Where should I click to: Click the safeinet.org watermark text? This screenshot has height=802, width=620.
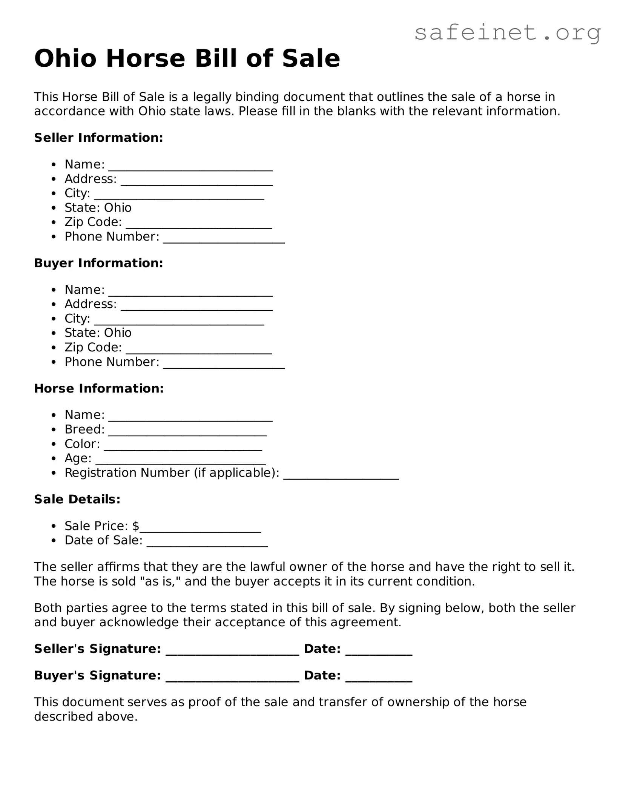pos(507,33)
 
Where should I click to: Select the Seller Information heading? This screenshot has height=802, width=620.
pos(98,138)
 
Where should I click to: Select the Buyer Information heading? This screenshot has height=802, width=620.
pos(98,263)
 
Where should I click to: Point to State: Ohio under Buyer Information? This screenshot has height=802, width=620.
pos(98,333)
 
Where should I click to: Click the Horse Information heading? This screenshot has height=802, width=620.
pos(99,388)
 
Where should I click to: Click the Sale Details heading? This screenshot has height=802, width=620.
pos(77,499)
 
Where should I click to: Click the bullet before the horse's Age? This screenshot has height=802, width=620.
pos(54,459)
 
